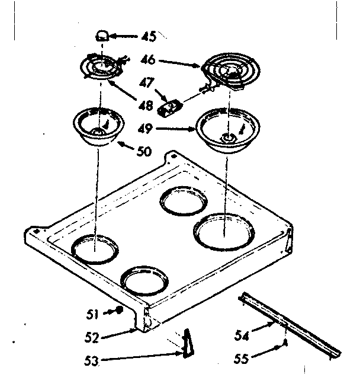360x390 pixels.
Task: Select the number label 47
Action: pos(147,83)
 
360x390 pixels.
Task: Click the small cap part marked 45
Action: pos(103,36)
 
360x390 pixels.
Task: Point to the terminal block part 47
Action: pos(171,107)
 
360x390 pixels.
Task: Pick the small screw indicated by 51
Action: pos(120,310)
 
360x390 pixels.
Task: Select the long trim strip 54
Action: pos(290,326)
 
